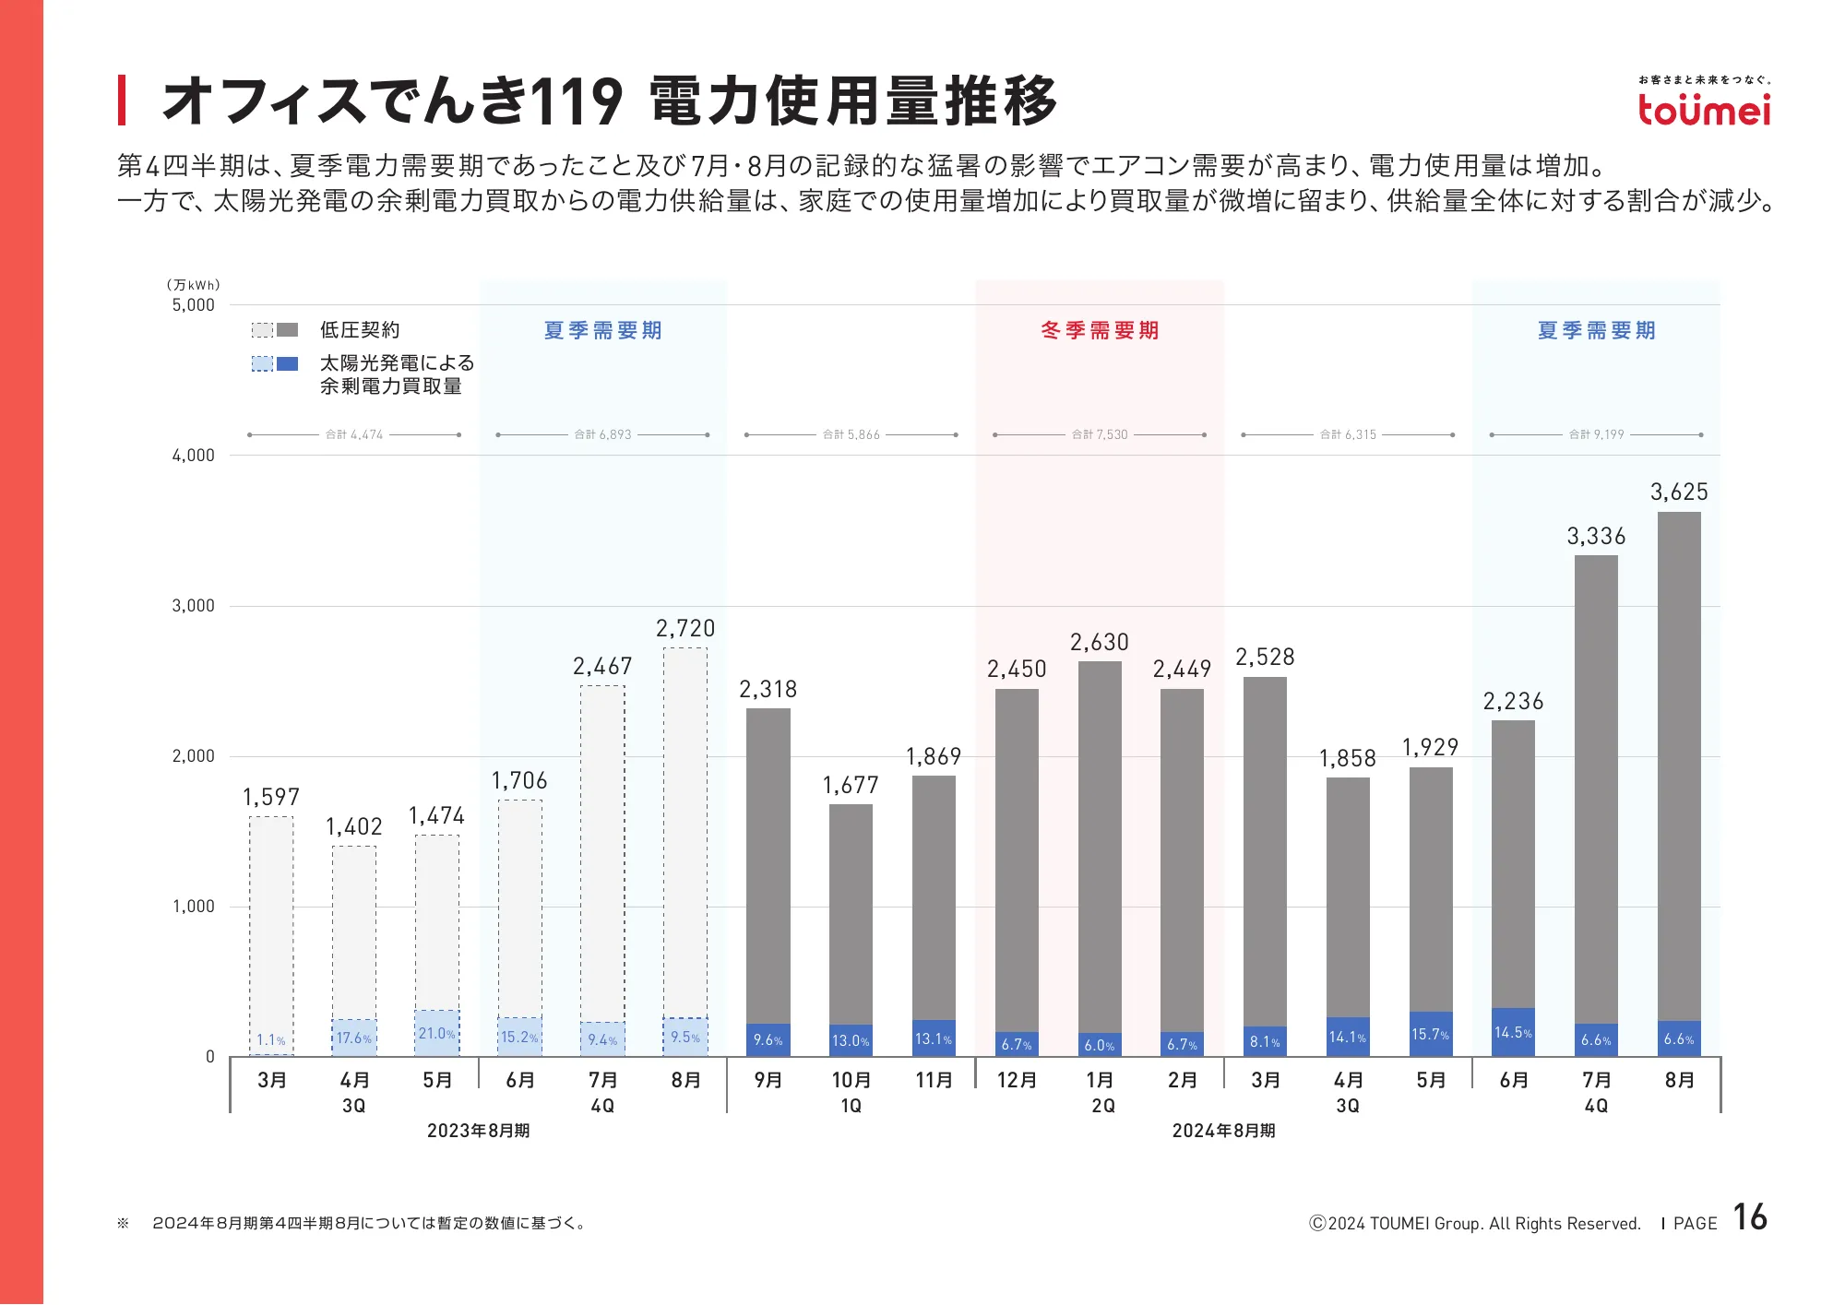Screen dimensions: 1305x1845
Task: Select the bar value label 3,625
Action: (1679, 492)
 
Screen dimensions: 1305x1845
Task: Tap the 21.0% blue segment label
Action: (437, 1034)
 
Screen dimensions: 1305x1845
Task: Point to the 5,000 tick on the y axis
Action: (193, 305)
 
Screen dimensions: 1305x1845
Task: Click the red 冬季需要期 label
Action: (1100, 330)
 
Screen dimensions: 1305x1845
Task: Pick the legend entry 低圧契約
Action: (360, 330)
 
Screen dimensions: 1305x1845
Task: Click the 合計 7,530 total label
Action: (1100, 434)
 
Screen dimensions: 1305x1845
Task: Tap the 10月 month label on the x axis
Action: (851, 1080)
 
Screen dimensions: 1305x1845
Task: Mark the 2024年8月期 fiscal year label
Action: (1223, 1131)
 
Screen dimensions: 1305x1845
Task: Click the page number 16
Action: (1749, 1217)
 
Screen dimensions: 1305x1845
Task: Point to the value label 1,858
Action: (1348, 759)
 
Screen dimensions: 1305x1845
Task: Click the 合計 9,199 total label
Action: (1597, 434)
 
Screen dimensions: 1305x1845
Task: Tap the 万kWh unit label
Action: (193, 285)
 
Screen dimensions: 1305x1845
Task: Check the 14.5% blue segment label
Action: (1513, 1033)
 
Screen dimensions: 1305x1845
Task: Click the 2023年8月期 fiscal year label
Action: (478, 1131)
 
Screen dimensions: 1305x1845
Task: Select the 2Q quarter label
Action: (1102, 1106)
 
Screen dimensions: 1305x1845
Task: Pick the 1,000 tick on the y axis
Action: (193, 907)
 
